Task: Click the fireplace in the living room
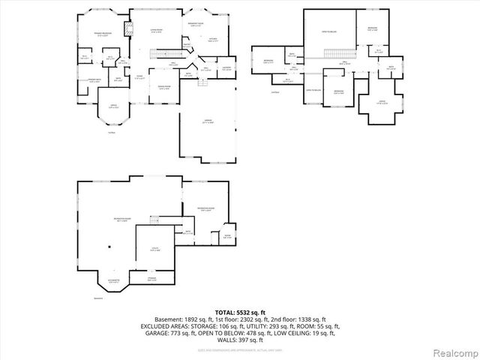127,30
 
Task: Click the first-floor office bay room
113,108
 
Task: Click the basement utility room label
153,250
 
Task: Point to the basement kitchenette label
112,281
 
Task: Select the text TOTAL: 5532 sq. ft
240,311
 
